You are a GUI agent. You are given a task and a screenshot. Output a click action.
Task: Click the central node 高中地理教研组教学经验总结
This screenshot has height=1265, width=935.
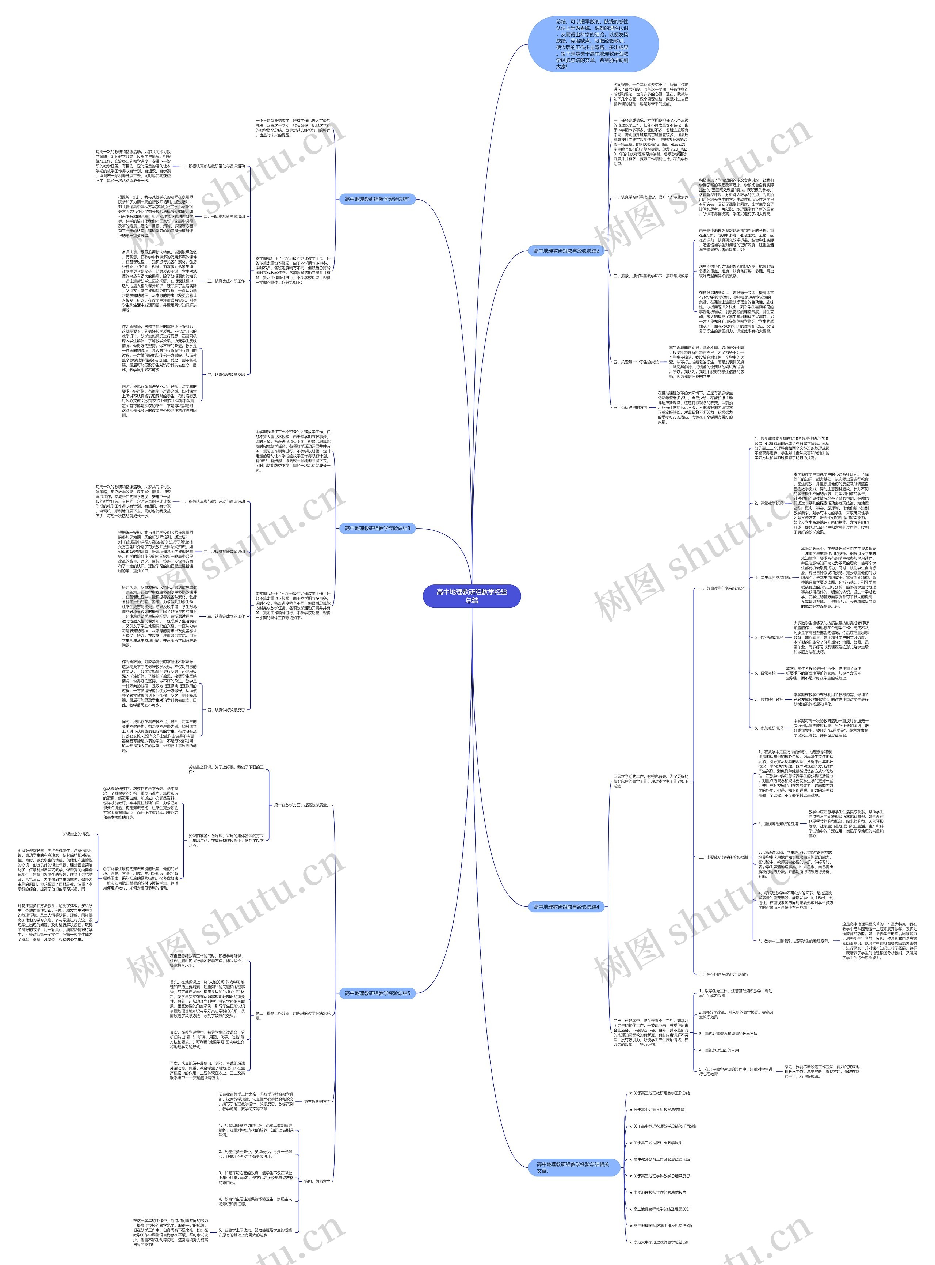[472, 596]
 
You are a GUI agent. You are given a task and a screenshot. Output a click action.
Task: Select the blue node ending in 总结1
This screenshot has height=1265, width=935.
[377, 199]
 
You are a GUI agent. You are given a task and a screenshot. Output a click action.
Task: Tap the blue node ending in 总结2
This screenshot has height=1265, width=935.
[566, 250]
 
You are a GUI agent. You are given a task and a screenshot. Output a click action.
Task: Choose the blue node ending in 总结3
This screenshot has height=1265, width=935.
[377, 528]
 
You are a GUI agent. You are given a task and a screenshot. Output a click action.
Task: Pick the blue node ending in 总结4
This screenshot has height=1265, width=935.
[566, 906]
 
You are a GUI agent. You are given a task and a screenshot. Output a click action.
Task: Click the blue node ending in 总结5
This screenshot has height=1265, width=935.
[377, 993]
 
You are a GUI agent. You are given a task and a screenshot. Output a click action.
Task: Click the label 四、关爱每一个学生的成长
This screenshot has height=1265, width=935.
[636, 362]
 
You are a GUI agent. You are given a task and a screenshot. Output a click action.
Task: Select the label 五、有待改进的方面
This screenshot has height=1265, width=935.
[630, 407]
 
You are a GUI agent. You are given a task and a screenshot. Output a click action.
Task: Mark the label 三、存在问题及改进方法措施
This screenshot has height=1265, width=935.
[723, 974]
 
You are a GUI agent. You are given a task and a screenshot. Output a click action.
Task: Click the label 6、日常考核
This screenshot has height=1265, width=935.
[765, 673]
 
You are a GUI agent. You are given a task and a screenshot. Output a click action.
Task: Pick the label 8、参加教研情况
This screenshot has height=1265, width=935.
[768, 728]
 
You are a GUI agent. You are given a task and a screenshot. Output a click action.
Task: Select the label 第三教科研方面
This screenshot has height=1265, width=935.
[317, 1101]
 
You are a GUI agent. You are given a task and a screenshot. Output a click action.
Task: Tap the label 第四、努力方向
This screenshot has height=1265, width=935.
[317, 1181]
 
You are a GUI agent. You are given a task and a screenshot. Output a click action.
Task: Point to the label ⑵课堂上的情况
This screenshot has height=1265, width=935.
[76, 834]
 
